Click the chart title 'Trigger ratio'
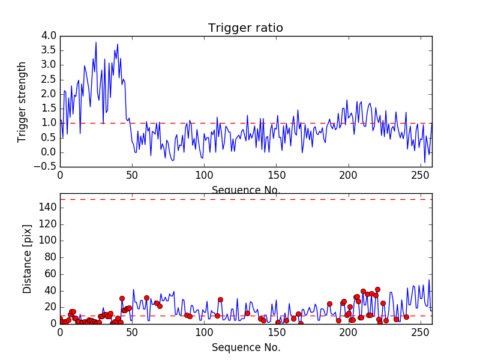pyautogui.click(x=245, y=28)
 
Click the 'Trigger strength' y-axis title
pyautogui.click(x=23, y=101)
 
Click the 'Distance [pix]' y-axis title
pyautogui.click(x=28, y=259)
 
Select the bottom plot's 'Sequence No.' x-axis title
pyautogui.click(x=245, y=347)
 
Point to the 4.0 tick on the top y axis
pyautogui.click(x=49, y=36)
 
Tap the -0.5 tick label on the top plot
pyautogui.click(x=47, y=167)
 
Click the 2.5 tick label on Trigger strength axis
pyautogui.click(x=49, y=80)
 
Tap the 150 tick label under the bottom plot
pyautogui.click(x=276, y=334)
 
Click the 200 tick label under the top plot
pyautogui.click(x=348, y=176)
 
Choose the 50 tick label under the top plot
pyautogui.click(x=132, y=176)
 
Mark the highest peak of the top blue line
pyautogui.click(x=96, y=42)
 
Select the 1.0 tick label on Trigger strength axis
pyautogui.click(x=49, y=123)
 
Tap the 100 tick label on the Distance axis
pyautogui.click(x=47, y=241)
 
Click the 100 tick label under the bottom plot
pyautogui.click(x=204, y=334)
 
